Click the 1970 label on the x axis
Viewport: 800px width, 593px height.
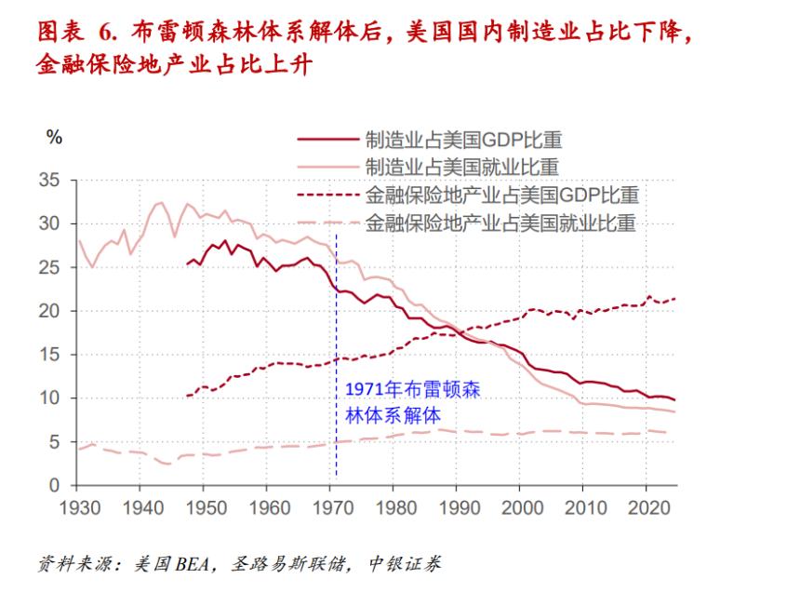[x=330, y=510]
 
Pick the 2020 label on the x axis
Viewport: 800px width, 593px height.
[x=645, y=510]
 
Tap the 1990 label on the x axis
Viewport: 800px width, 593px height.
[x=456, y=510]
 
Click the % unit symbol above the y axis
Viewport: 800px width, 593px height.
[x=54, y=137]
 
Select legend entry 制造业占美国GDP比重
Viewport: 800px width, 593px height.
[x=462, y=141]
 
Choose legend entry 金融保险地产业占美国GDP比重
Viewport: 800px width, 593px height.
[x=500, y=195]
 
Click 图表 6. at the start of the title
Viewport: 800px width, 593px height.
[x=80, y=34]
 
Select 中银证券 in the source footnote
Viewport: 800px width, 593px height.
[x=405, y=563]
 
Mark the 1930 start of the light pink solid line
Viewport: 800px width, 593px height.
[x=79, y=241]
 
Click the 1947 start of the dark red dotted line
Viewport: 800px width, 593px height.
[x=187, y=396]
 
